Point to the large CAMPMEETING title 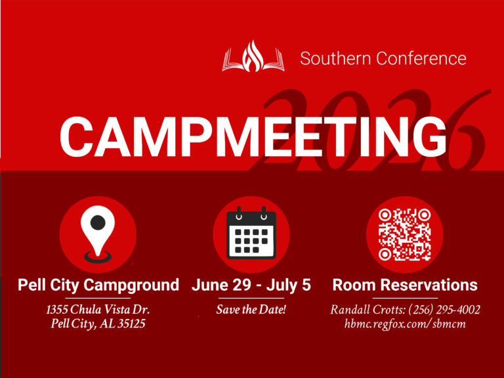click(x=253, y=136)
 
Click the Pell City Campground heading click(x=98, y=285)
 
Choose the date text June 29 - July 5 click(x=251, y=285)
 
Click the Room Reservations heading click(x=405, y=285)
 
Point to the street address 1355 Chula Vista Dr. click(x=98, y=309)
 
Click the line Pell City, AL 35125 click(x=98, y=324)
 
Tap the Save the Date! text click(x=251, y=309)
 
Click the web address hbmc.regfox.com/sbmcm click(x=405, y=324)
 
